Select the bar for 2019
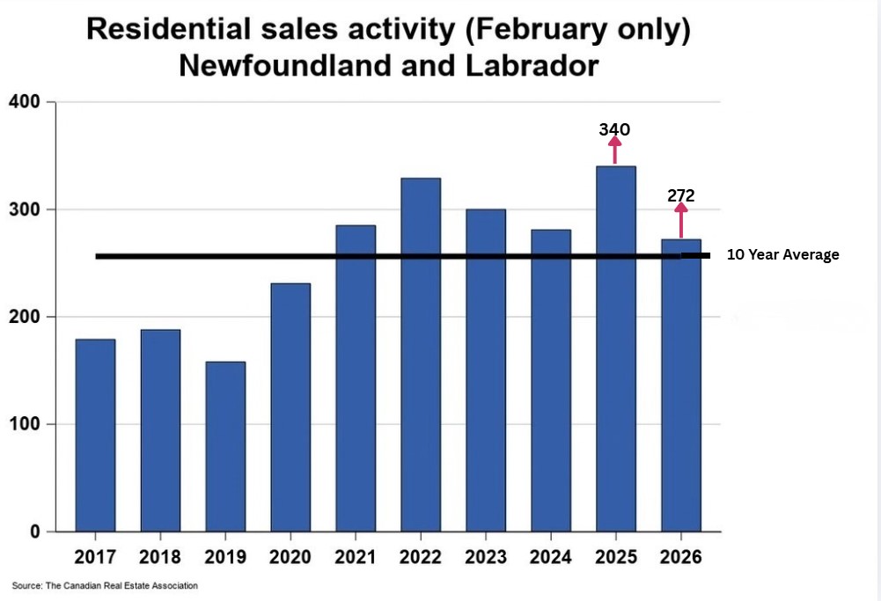225,446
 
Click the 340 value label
614,130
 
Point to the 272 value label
680,195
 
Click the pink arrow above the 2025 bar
614,150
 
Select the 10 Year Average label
782,255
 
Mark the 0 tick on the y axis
35,531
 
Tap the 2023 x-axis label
486,557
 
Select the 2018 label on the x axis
160,557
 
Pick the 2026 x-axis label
680,557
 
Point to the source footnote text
105,585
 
